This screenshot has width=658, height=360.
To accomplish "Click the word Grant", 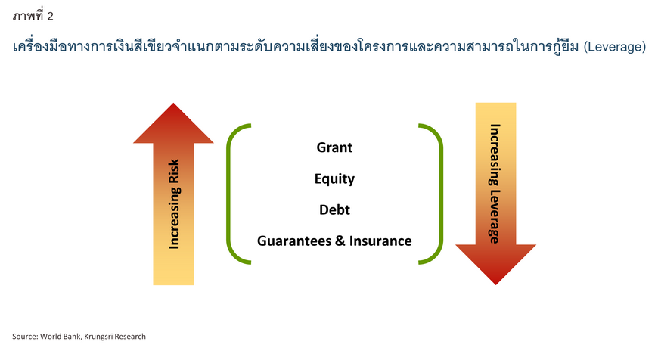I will coord(334,147).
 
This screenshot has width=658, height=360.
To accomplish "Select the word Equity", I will coord(334,179).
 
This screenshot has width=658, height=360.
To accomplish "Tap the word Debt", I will coord(334,209).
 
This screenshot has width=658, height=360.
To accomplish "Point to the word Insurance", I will coord(381,241).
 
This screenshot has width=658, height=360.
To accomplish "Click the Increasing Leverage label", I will coord(495,183).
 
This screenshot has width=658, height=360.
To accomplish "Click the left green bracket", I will coord(231,194).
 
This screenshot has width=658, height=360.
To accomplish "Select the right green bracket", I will coord(436,194).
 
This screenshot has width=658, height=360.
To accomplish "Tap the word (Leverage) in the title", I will coord(614,47).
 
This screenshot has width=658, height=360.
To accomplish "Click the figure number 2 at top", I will coord(51,15).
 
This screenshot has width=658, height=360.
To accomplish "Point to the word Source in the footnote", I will coord(24,336).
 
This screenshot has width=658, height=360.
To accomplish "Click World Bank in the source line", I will coord(59,336).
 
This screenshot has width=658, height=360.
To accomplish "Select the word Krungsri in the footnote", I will coord(99,336).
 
